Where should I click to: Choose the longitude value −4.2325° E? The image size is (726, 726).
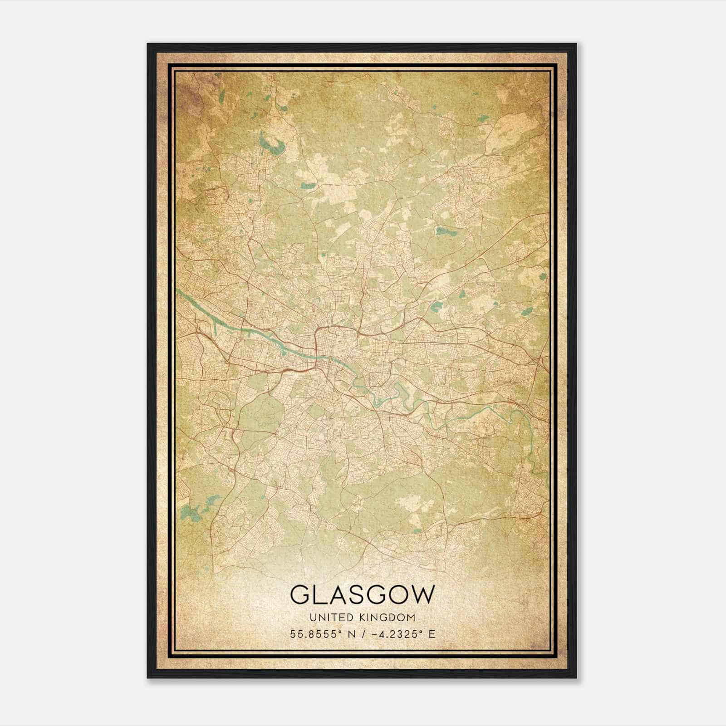(403, 634)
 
